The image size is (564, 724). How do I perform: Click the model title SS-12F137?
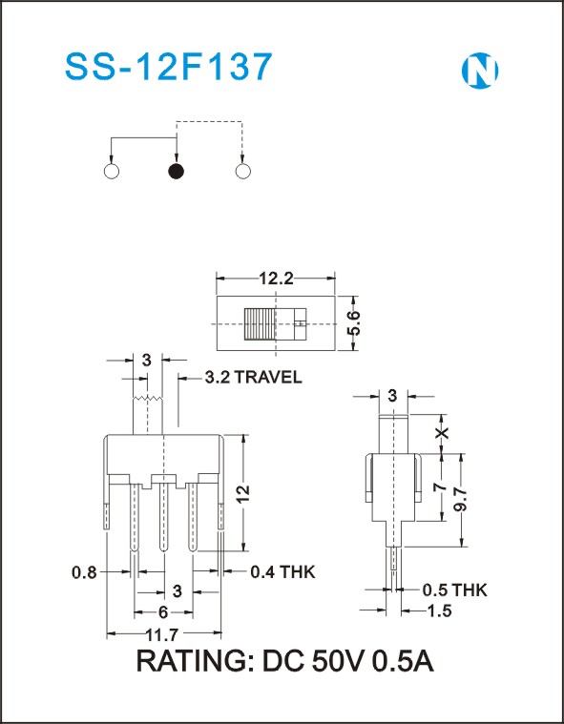[169, 67]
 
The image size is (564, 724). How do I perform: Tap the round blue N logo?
[480, 71]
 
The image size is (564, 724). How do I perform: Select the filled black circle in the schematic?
[176, 172]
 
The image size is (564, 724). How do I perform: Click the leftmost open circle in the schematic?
[112, 172]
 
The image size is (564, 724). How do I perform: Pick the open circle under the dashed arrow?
[243, 172]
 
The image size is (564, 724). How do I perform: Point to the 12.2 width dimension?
[276, 279]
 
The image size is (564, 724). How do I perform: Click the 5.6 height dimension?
[353, 323]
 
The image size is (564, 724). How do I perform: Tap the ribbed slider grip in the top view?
[260, 324]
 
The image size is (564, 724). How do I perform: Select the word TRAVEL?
[268, 377]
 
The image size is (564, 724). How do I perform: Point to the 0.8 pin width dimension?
[85, 572]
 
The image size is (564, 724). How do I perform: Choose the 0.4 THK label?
[282, 572]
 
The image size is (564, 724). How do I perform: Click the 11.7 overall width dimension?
[161, 635]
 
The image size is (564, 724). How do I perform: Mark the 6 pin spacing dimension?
[163, 612]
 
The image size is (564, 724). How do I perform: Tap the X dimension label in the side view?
[443, 433]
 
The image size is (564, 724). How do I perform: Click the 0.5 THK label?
[454, 590]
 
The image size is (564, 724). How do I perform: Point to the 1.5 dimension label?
[439, 610]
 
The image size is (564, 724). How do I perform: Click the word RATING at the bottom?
[192, 661]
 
